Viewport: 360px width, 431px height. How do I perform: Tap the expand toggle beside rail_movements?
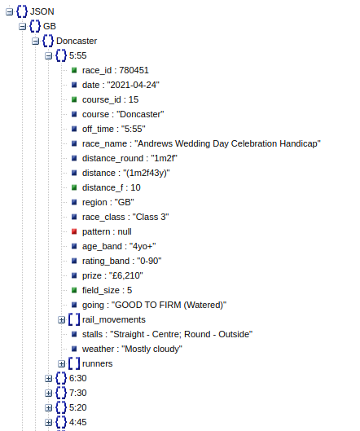click(61, 319)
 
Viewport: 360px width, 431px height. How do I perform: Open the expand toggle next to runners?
click(61, 363)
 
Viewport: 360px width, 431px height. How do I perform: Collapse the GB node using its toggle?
click(22, 26)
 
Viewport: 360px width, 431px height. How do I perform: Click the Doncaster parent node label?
click(77, 41)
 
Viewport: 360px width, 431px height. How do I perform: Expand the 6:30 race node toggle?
click(48, 378)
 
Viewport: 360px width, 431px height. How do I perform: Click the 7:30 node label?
click(78, 393)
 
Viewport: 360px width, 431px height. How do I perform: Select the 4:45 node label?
click(78, 422)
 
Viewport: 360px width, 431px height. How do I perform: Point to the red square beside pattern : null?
click(73, 231)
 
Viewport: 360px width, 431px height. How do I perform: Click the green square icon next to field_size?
click(73, 290)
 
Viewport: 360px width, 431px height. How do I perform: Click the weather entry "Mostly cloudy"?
click(132, 349)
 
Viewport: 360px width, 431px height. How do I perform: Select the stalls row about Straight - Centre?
click(167, 334)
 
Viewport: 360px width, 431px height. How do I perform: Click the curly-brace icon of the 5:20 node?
click(60, 407)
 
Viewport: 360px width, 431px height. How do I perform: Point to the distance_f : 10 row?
click(111, 187)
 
